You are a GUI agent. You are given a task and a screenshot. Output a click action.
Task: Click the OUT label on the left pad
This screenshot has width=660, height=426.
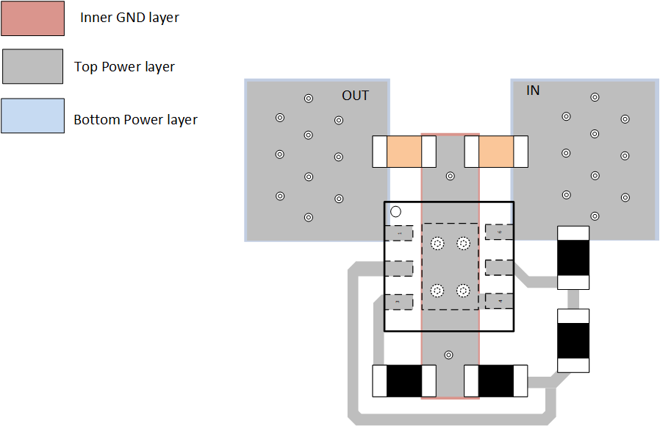355,96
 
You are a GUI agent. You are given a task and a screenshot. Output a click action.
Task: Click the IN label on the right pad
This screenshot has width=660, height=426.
533,90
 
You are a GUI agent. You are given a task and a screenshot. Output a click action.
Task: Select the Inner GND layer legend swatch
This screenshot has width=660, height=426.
33,18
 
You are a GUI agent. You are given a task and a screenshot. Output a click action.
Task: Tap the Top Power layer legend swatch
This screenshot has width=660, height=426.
33,66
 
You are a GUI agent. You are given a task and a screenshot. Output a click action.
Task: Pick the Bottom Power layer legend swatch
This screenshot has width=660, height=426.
33,116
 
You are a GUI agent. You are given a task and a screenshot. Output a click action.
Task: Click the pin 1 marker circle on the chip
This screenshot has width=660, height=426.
395,212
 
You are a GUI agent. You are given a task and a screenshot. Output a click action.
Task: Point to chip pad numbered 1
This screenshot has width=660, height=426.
399,232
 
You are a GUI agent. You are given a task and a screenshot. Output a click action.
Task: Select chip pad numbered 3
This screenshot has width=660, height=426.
399,302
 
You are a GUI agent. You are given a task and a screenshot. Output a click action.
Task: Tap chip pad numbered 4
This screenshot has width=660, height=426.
499,302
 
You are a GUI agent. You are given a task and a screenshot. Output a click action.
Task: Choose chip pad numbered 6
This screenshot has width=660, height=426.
499,232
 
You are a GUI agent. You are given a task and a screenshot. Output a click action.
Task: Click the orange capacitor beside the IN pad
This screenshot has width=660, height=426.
496,152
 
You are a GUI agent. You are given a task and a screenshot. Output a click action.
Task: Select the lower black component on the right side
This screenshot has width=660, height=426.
573,341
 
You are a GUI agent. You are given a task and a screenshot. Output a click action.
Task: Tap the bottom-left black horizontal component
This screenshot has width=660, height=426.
403,381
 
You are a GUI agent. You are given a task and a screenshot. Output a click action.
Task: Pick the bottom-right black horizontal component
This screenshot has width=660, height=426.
496,381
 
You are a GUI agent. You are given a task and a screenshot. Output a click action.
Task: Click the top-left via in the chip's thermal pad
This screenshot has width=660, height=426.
437,244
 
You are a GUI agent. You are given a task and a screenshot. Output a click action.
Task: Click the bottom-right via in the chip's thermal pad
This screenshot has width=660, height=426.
463,291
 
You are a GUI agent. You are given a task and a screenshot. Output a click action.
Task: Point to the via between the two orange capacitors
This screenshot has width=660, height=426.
450,176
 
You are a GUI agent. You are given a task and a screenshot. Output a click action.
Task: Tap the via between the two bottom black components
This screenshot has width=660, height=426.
449,355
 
